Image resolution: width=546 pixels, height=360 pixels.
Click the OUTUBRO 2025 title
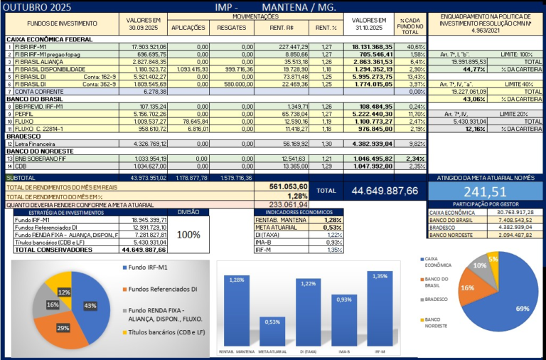tap(37, 7)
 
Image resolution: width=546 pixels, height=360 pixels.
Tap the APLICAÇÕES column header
tap(188, 28)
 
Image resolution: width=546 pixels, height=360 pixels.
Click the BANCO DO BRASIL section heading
tap(34, 98)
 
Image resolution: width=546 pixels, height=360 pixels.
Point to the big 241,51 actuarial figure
tap(485, 191)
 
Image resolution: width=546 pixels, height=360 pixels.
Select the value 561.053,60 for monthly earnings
tap(288, 185)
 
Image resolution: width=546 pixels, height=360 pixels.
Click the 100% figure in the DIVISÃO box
tap(188, 235)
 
